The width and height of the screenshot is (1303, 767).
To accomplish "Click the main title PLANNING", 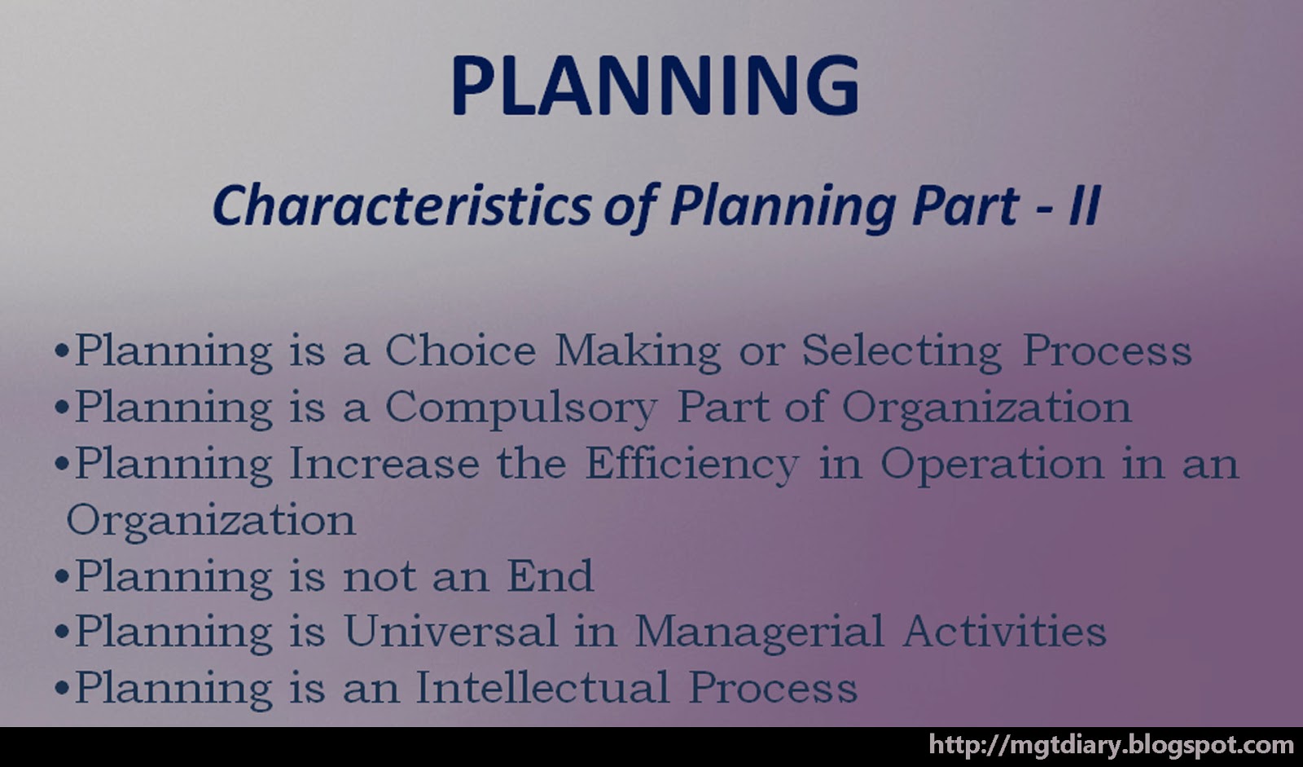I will pyautogui.click(x=655, y=85).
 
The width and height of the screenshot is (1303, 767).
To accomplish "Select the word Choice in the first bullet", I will pyautogui.click(x=460, y=351).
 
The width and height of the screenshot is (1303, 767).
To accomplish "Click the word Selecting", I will pyautogui.click(x=902, y=351).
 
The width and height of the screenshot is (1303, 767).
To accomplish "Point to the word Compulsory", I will pyautogui.click(x=520, y=408).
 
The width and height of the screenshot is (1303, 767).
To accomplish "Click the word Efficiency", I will pyautogui.click(x=692, y=465).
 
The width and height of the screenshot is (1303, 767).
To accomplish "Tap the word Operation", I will pyautogui.click(x=992, y=464).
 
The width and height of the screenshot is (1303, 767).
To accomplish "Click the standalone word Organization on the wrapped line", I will pyautogui.click(x=211, y=520).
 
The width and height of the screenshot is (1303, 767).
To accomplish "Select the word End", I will pyautogui.click(x=551, y=576).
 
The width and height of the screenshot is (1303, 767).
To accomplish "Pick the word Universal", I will pyautogui.click(x=450, y=632).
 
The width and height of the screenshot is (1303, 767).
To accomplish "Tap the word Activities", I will pyautogui.click(x=1004, y=632).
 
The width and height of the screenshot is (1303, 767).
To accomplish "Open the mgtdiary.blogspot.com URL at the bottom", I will pyautogui.click(x=1111, y=745).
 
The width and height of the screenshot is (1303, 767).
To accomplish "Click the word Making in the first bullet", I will pyautogui.click(x=638, y=351).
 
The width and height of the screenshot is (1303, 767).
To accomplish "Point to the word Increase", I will pyautogui.click(x=384, y=464).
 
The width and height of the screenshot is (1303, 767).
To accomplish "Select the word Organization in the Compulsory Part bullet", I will pyautogui.click(x=986, y=408).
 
